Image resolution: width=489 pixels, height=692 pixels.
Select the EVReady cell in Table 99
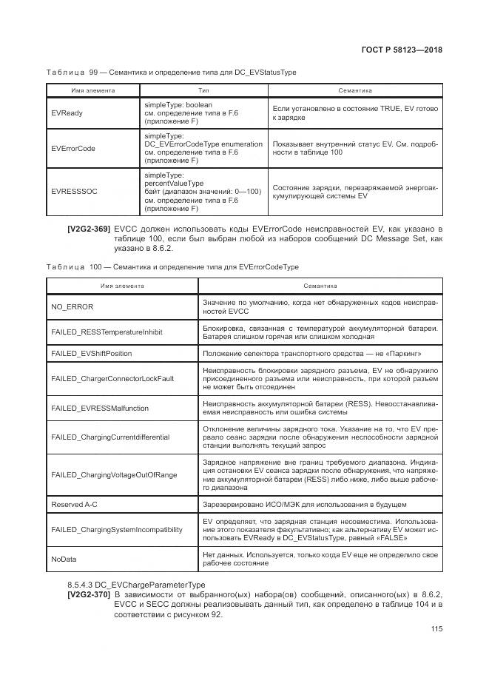pos(67,113)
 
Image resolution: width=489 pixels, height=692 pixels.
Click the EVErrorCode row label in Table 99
pos(73,148)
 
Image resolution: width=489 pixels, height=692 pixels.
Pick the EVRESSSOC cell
pos(75,190)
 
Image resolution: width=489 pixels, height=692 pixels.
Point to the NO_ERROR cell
pos(72,306)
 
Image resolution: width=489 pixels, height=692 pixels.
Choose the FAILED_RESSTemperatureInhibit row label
pos(105,332)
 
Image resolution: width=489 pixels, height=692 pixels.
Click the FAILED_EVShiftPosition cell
pos(92,354)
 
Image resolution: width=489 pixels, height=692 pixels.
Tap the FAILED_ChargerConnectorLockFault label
pos(112,378)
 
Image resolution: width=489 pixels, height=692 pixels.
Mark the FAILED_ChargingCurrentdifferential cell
pos(110,437)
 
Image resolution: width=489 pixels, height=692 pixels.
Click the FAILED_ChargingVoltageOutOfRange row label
pos(114,474)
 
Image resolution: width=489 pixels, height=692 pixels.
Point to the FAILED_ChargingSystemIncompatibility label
pos(116,529)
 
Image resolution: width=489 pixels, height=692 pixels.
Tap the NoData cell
pos(64,559)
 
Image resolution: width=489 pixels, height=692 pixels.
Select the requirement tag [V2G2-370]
pos(89,594)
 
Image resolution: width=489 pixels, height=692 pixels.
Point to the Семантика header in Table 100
pos(320,285)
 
